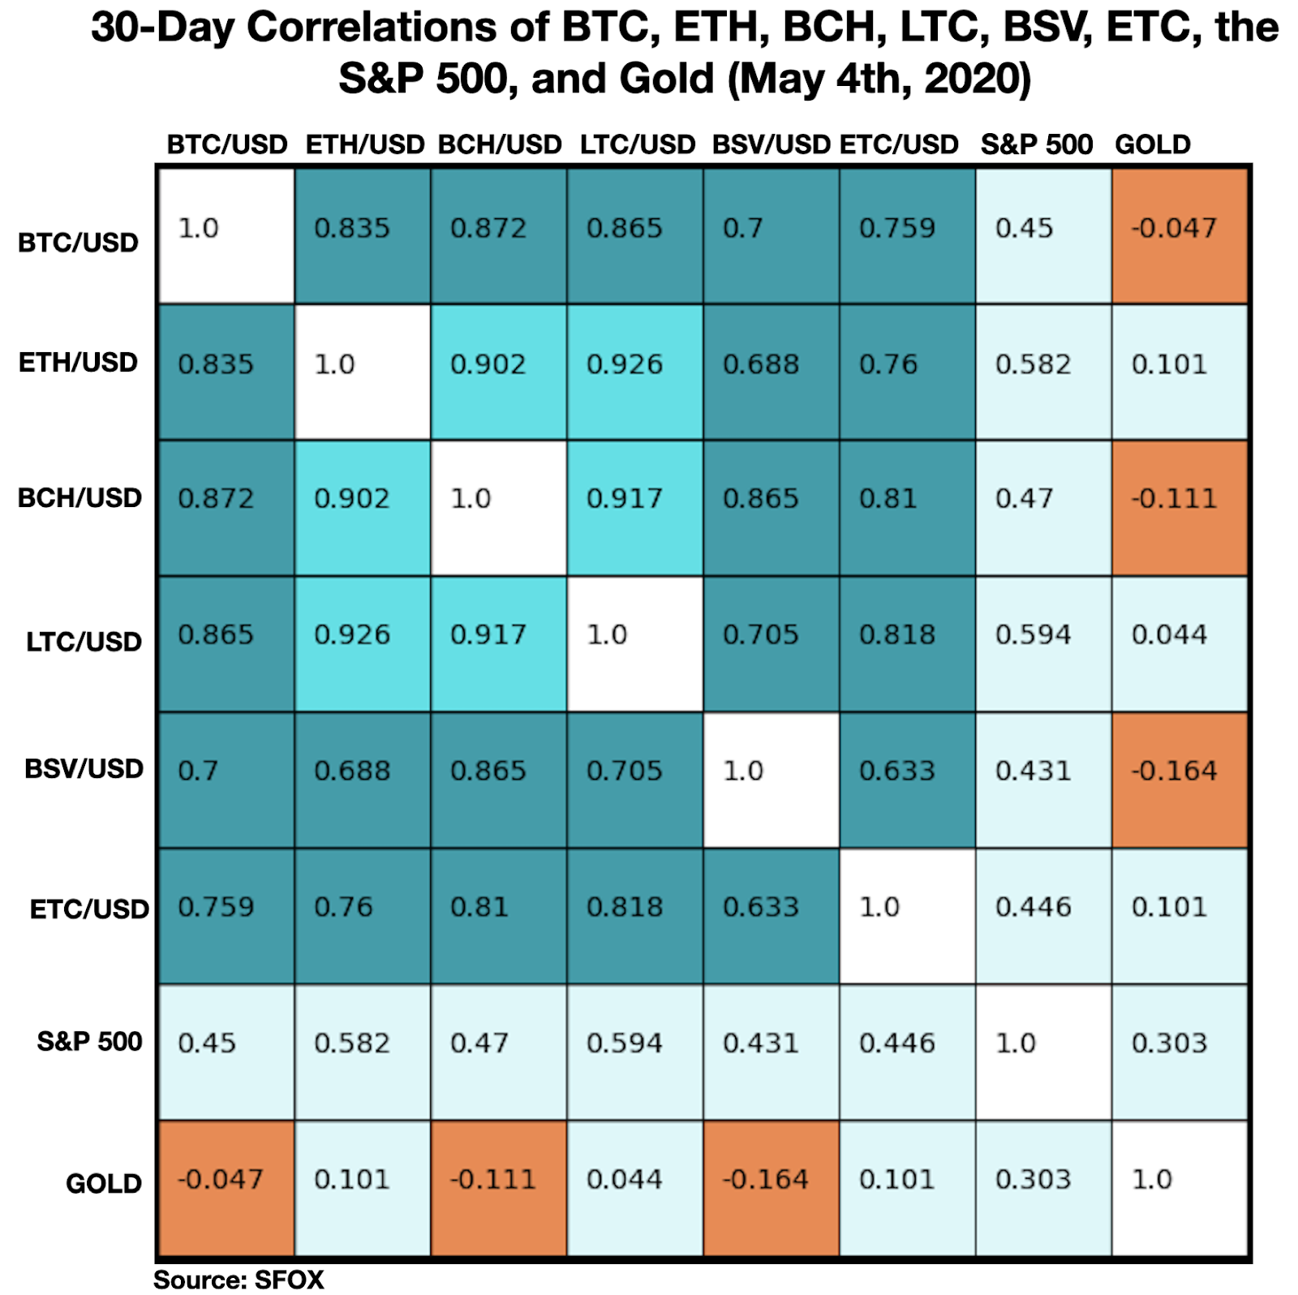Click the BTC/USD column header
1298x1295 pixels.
tap(227, 144)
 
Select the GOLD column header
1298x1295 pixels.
tap(1152, 144)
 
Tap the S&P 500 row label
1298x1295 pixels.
tap(89, 1041)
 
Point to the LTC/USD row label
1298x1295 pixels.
tap(84, 642)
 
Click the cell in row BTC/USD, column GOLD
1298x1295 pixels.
tap(1180, 235)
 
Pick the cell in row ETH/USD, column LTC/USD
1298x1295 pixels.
tap(634, 372)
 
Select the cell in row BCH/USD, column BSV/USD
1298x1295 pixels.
tap(771, 508)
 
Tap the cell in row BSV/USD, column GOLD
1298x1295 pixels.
tap(1180, 780)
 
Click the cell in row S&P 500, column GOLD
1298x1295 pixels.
tap(1180, 1052)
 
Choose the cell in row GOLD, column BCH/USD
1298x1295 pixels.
tap(498, 1188)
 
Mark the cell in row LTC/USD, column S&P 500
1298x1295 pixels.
tap(1043, 644)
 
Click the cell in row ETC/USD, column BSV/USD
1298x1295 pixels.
tap(771, 916)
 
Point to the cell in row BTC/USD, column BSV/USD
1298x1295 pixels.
tap(771, 235)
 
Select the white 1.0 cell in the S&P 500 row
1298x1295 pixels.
tap(1043, 1052)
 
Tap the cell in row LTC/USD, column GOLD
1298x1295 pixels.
tap(1180, 644)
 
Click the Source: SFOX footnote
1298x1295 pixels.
tap(239, 1280)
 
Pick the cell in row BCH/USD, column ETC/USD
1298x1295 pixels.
tap(907, 508)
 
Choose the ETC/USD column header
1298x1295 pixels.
tap(899, 144)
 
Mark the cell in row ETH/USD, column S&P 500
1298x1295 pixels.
tap(1043, 372)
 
